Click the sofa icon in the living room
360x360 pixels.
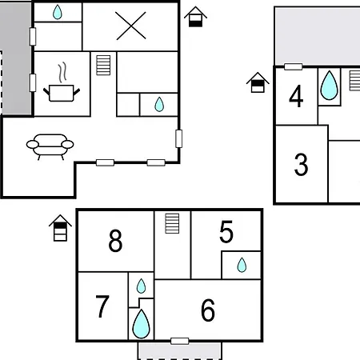[x=50, y=146]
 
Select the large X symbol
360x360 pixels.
[x=131, y=26]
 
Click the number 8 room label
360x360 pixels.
[x=115, y=241]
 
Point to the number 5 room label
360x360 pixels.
[x=226, y=232]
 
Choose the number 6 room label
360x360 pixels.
[x=208, y=310]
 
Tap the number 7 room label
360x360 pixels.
[x=102, y=306]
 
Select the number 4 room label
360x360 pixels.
[x=296, y=96]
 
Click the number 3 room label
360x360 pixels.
[x=301, y=165]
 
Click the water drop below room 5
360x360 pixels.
[x=242, y=265]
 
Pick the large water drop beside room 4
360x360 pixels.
[x=329, y=86]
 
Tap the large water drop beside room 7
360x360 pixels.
[x=141, y=324]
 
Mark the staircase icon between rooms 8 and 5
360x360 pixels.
[x=172, y=223]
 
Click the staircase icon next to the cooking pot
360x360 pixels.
[x=103, y=65]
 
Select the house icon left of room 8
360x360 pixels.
[x=60, y=228]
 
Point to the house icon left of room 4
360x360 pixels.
[x=258, y=82]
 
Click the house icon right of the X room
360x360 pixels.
[x=195, y=17]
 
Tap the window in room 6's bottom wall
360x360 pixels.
[x=180, y=341]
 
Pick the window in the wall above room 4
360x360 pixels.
[x=294, y=66]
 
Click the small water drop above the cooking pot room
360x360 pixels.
[x=58, y=12]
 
